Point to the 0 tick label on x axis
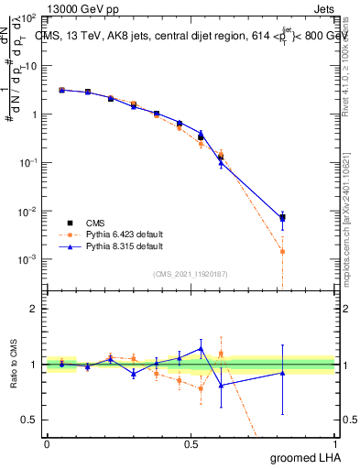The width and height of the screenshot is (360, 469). point(47,443)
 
